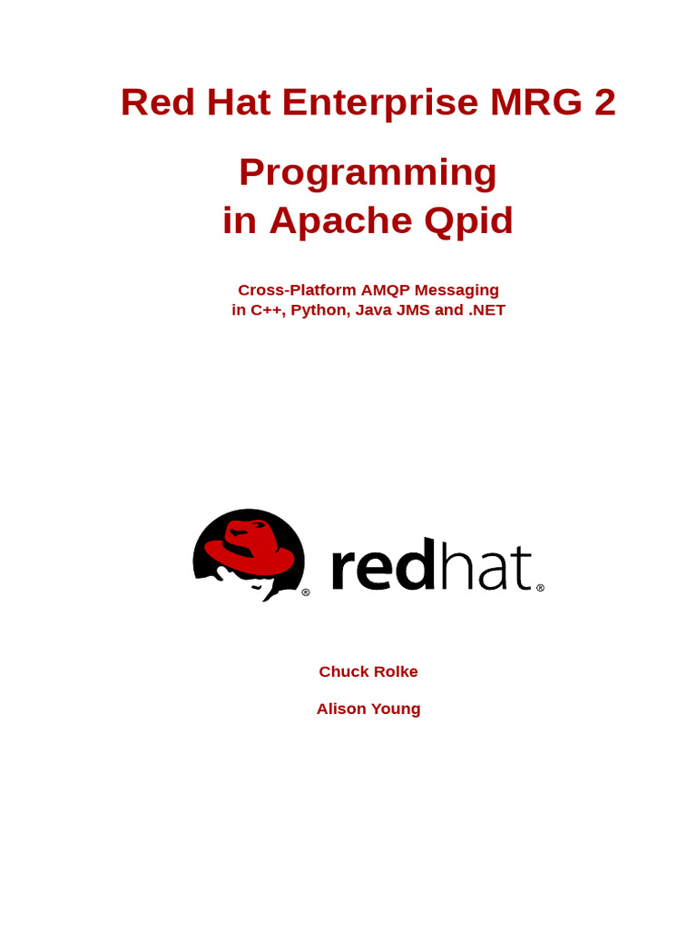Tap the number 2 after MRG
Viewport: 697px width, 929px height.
[605, 103]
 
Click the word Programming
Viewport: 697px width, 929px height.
[368, 173]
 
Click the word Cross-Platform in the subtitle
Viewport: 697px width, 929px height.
[296, 290]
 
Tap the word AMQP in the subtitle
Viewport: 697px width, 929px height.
[387, 290]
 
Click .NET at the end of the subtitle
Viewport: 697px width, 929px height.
[486, 310]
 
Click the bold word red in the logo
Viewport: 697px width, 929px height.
[382, 568]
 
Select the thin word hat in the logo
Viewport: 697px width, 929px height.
[486, 568]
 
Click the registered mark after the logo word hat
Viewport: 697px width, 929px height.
[540, 588]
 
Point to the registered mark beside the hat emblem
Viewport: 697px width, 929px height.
[306, 592]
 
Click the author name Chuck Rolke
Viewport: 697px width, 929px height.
[368, 672]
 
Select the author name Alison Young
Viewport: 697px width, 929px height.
[368, 709]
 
